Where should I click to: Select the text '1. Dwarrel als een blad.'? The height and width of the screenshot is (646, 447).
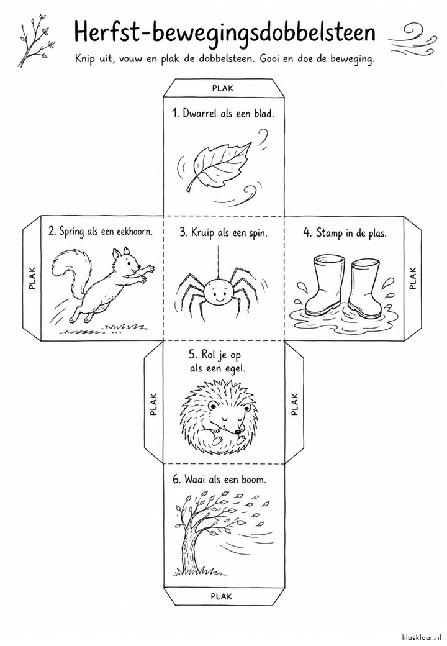223,113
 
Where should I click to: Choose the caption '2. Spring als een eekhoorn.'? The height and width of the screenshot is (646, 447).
101,231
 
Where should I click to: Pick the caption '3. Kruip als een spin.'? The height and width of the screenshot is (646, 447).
223,233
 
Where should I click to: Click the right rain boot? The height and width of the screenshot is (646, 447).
364,288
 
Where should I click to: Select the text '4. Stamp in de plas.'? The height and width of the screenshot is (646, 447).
345,233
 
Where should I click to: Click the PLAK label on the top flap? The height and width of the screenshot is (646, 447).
223,88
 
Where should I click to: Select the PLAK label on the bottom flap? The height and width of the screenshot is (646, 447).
222,596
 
